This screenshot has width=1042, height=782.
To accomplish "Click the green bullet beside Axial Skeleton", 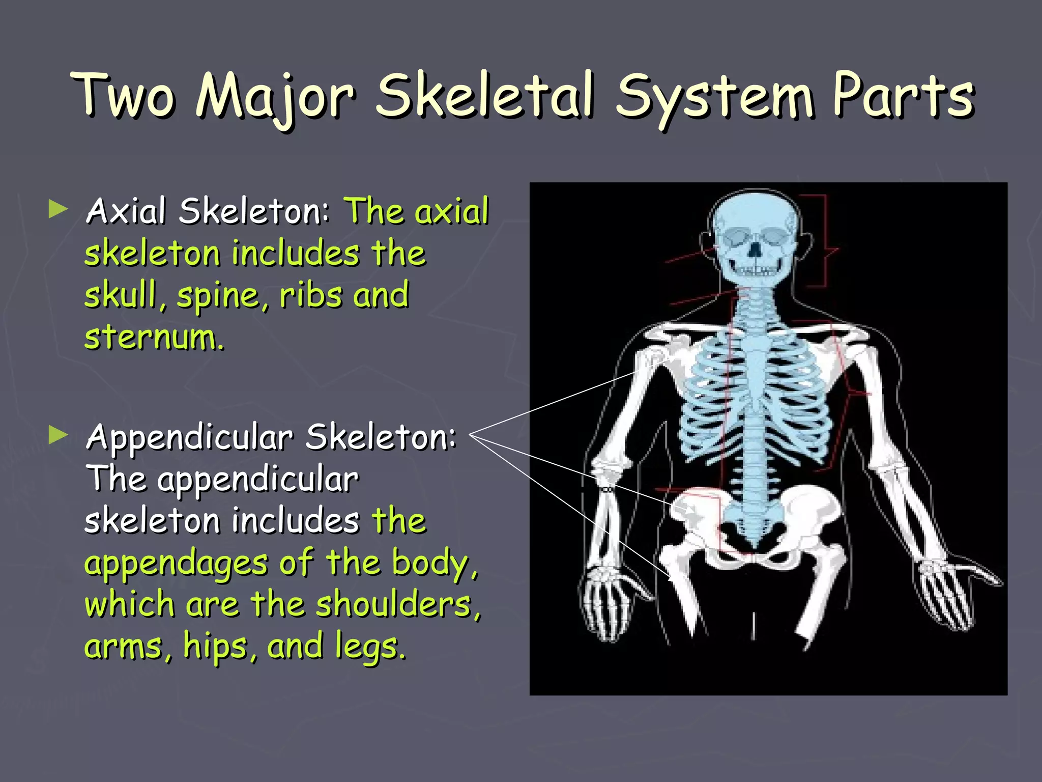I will click(58, 209).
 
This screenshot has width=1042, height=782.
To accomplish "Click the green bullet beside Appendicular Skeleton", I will click(58, 435).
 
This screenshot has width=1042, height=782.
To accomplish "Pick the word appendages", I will click(176, 564).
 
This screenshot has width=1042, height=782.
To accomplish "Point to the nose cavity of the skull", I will click(756, 249).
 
